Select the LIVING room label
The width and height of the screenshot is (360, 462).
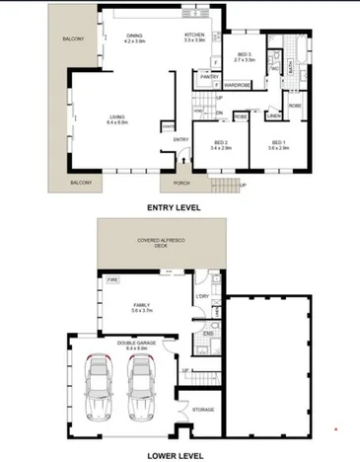pyautogui.click(x=117, y=118)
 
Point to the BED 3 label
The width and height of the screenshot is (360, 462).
pyautogui.click(x=244, y=56)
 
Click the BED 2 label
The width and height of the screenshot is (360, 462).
pyautogui.click(x=221, y=144)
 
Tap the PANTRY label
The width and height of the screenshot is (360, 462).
pyautogui.click(x=208, y=76)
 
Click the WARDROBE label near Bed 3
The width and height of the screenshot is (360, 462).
pyautogui.click(x=236, y=85)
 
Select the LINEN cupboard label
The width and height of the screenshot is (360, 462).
pyautogui.click(x=273, y=115)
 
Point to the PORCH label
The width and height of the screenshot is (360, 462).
pyautogui.click(x=181, y=183)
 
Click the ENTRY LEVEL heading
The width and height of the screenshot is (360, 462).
pyautogui.click(x=173, y=208)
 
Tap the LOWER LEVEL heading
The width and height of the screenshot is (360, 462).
pyautogui.click(x=175, y=455)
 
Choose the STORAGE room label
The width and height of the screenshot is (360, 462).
pyautogui.click(x=203, y=408)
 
